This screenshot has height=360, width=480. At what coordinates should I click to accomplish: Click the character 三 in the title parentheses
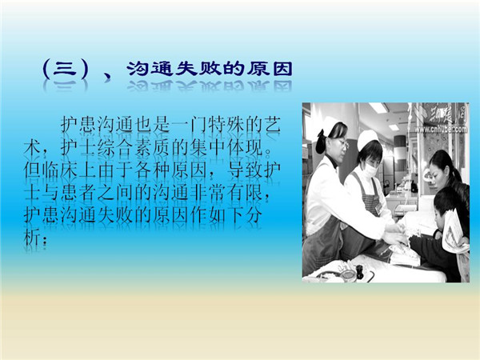[x=65, y=69]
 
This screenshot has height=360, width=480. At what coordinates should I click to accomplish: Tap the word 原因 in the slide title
[x=270, y=69]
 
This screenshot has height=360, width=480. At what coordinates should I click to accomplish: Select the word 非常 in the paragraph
[x=207, y=193]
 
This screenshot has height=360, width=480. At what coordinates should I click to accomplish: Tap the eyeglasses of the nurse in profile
[x=343, y=143]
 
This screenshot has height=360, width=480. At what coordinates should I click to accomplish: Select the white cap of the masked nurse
[x=368, y=138]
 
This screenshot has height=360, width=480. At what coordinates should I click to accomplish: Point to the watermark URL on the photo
[x=441, y=129]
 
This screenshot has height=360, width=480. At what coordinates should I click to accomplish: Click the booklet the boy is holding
[x=454, y=231]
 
